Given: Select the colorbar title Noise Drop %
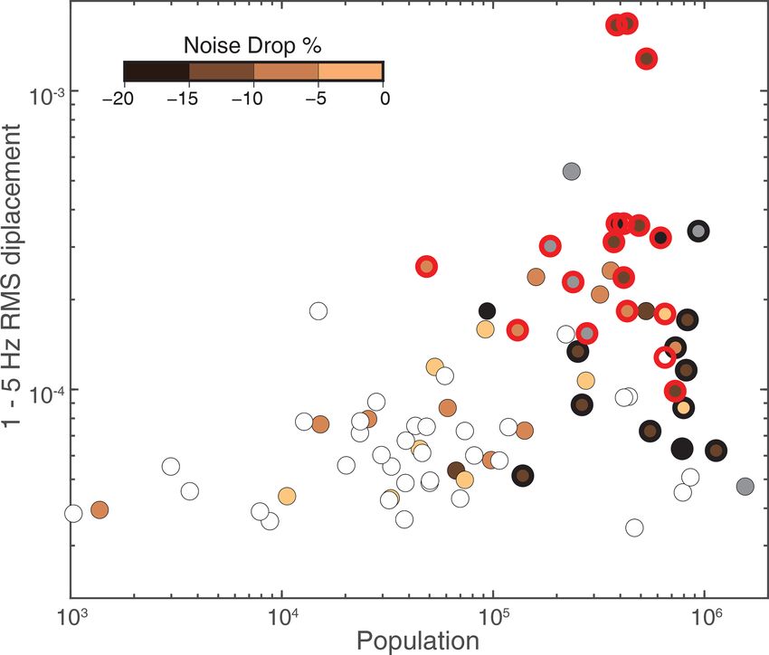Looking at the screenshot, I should click(x=252, y=44).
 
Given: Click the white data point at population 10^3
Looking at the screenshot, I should click(x=74, y=514).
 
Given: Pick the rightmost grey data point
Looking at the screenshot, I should click(x=745, y=487).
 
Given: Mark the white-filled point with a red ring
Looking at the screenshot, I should click(x=665, y=356).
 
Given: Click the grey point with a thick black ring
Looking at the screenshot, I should click(x=698, y=232).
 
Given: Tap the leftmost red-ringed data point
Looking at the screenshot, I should click(x=426, y=266).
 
